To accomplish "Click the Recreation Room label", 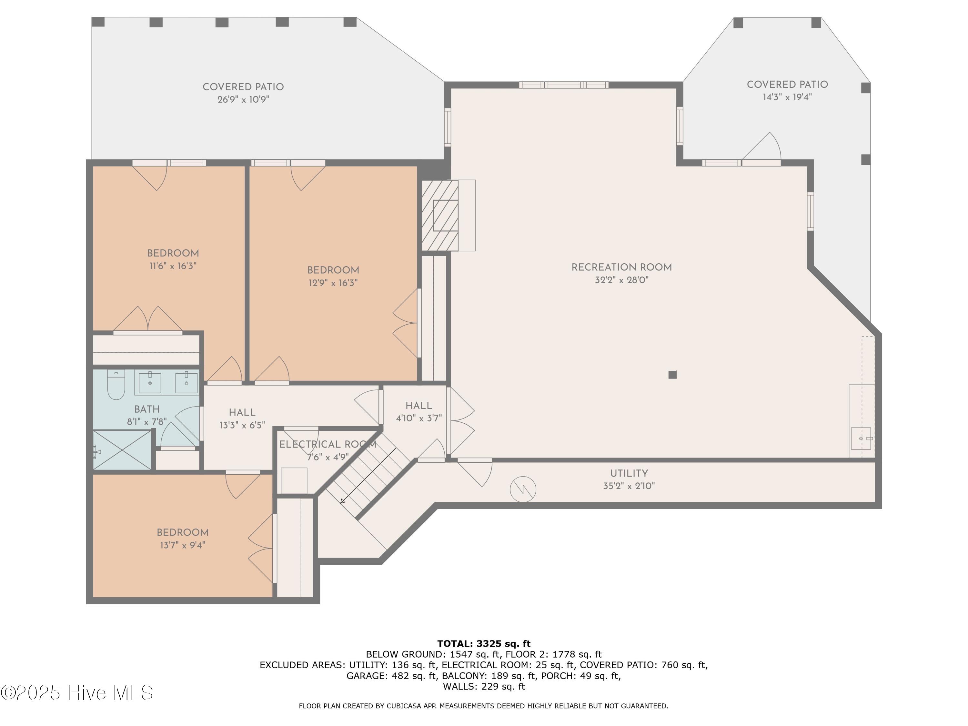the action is pyautogui.click(x=621, y=267).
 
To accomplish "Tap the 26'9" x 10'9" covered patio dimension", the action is pyautogui.click(x=243, y=99).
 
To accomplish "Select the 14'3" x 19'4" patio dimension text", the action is pyautogui.click(x=787, y=97).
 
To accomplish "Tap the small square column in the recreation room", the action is pyautogui.click(x=673, y=375).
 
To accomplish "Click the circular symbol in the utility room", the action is pyautogui.click(x=523, y=489).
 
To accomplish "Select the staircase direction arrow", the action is pyautogui.click(x=368, y=475).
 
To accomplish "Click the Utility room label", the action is pyautogui.click(x=629, y=473).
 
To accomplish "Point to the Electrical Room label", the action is pyautogui.click(x=328, y=445).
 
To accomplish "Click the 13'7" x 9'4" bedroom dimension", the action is pyautogui.click(x=183, y=545).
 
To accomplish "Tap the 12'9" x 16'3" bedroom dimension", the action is pyautogui.click(x=333, y=283).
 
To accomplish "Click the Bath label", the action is pyautogui.click(x=147, y=409).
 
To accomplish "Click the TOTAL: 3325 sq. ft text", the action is pyautogui.click(x=484, y=643).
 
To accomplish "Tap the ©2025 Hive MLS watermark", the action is pyautogui.click(x=77, y=693).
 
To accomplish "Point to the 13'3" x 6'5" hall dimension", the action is pyautogui.click(x=242, y=425).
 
